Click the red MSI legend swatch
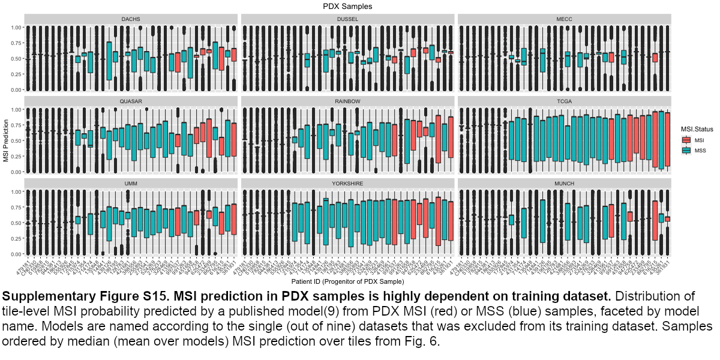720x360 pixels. pos(687,140)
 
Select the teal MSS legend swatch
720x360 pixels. pos(687,150)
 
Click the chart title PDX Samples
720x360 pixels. pos(347,7)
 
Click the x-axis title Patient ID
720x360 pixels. pos(347,281)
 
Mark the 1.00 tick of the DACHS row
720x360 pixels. pos(15,28)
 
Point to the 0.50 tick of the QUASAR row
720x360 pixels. pos(15,140)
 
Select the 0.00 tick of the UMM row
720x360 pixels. pos(15,253)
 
